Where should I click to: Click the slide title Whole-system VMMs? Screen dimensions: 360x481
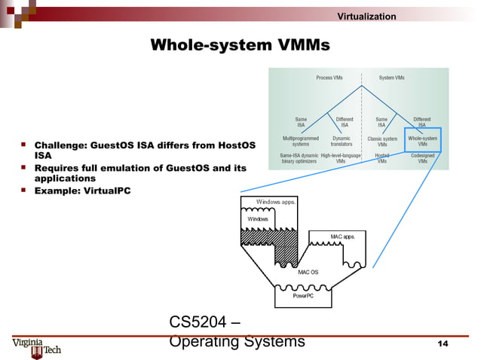240,46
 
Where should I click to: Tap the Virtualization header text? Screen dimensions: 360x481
366,17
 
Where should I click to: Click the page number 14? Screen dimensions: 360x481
443,344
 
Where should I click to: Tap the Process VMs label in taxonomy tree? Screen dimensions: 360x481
329,78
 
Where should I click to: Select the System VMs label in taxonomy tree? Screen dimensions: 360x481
391,78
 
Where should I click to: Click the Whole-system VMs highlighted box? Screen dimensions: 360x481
422,141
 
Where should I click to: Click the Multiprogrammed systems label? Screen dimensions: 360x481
299,141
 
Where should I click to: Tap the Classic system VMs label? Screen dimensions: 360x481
382,141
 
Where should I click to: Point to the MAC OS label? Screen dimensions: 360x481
308,271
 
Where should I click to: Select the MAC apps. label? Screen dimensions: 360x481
343,237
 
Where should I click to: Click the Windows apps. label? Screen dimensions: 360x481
276,202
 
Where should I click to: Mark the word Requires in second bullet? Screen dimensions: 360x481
60,167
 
